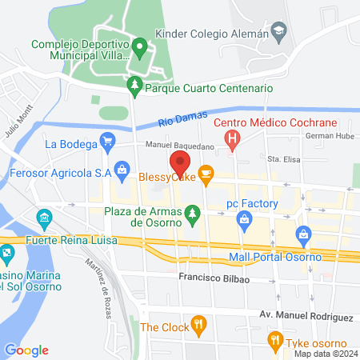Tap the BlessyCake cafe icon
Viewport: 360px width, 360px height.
pyautogui.click(x=206, y=173)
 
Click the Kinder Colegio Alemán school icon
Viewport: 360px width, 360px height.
pyautogui.click(x=278, y=34)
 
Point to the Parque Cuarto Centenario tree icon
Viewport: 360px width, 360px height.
pyautogui.click(x=135, y=86)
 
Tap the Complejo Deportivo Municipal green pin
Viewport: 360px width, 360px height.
pyautogui.click(x=140, y=47)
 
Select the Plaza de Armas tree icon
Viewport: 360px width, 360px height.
pyautogui.click(x=191, y=213)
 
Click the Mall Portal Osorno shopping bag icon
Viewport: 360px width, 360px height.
pyautogui.click(x=302, y=234)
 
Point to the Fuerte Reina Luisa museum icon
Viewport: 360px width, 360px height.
pyautogui.click(x=44, y=218)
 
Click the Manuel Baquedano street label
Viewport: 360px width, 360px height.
pyautogui.click(x=180, y=146)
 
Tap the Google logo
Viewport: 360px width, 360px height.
pyautogui.click(x=26, y=350)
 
